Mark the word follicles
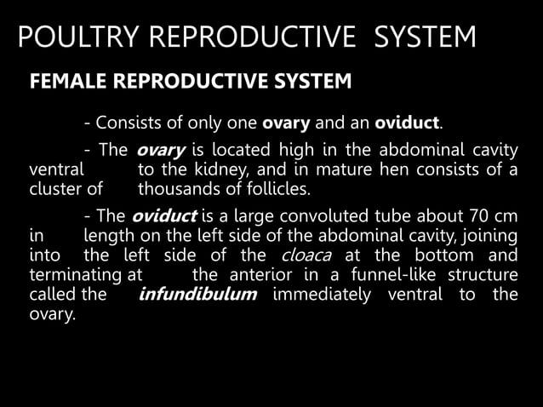point(282,189)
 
